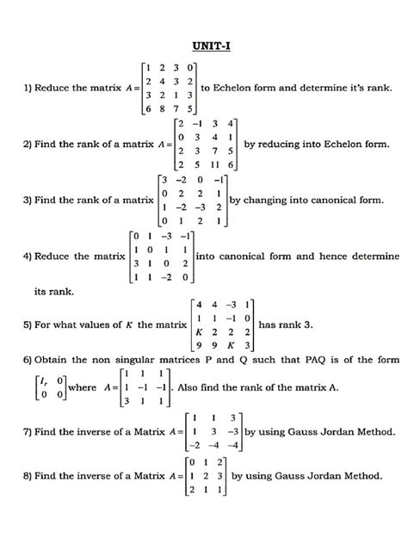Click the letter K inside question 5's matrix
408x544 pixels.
click(x=201, y=332)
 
